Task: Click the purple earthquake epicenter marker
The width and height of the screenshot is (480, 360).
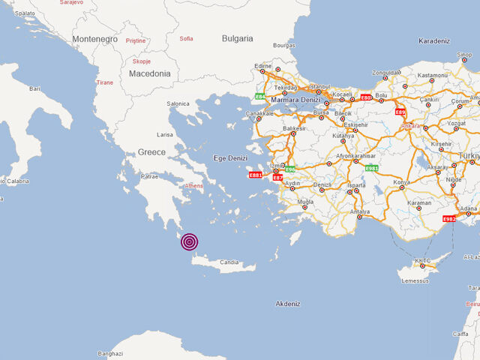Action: tap(190, 241)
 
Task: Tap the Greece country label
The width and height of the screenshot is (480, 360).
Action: tap(151, 151)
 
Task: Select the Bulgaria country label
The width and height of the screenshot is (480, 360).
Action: tap(237, 38)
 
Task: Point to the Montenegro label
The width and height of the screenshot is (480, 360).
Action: tap(94, 39)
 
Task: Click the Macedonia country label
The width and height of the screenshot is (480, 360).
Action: tap(149, 73)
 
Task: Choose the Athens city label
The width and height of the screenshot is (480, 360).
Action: tap(193, 185)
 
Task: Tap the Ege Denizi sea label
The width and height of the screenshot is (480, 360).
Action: tap(229, 158)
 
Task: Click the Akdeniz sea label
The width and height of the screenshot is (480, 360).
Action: tap(287, 303)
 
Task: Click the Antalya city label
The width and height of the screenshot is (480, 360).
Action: tap(360, 211)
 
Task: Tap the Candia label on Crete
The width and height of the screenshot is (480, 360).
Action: tap(229, 263)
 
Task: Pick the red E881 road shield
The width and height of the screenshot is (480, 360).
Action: tap(256, 175)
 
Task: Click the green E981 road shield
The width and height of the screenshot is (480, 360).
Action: tap(370, 169)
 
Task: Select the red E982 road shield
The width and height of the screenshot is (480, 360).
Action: tap(449, 219)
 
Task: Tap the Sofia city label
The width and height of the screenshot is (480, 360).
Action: tap(187, 38)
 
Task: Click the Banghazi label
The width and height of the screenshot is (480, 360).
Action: tap(109, 352)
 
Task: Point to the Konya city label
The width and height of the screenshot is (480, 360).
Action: tap(402, 182)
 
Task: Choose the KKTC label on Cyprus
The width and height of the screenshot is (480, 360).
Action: tap(423, 260)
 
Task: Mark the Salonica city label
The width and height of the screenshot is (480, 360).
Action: tap(178, 103)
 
